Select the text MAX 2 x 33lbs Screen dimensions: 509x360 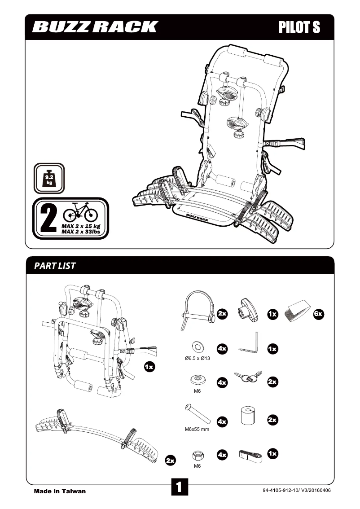(x=80, y=231)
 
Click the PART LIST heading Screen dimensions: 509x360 (x=55, y=266)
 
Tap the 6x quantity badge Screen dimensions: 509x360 (x=318, y=314)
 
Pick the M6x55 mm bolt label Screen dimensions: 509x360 (x=197, y=429)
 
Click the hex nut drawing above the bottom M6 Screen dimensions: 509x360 (x=197, y=455)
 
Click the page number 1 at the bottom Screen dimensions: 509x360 (x=179, y=487)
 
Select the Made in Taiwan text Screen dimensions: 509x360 (x=60, y=491)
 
